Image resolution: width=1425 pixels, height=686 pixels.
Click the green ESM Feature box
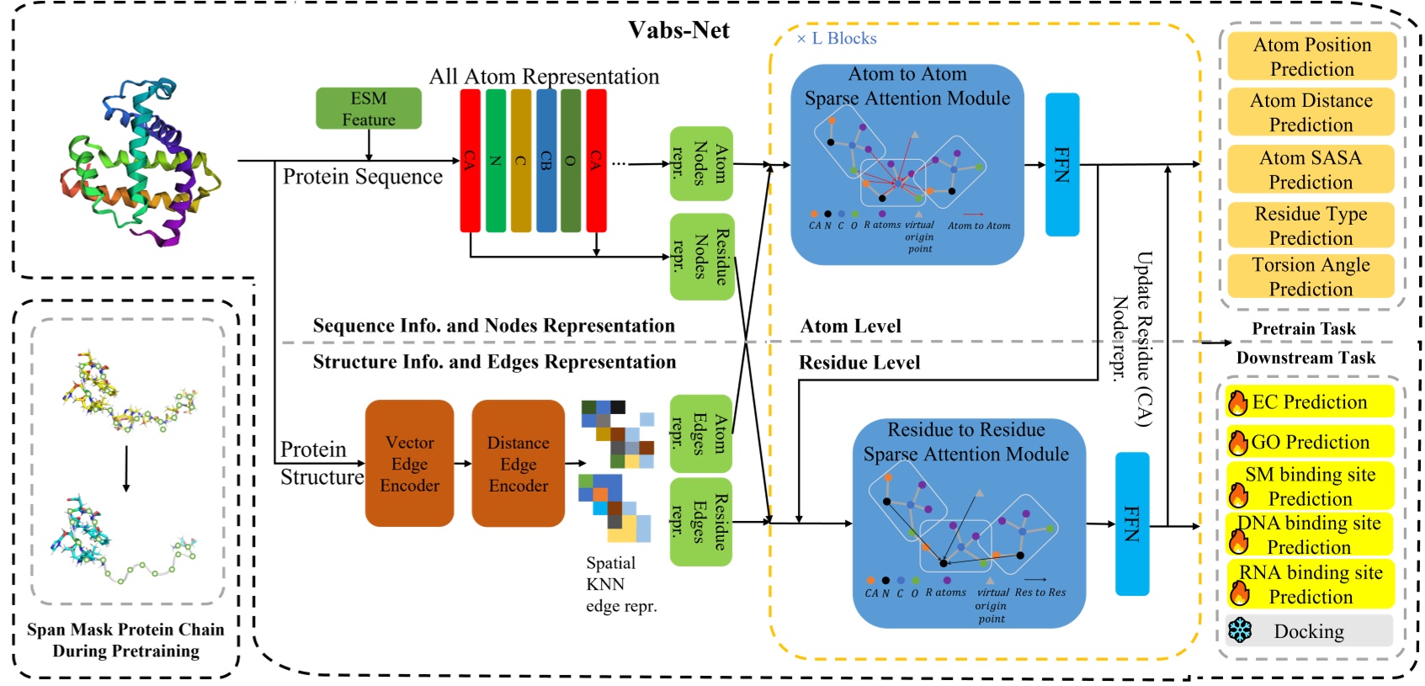(368, 109)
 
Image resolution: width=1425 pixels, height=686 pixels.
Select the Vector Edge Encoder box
(409, 464)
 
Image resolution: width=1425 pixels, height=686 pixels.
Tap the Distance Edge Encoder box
(518, 464)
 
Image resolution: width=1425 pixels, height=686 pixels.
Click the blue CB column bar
(545, 160)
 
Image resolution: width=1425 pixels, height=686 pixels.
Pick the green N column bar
(495, 160)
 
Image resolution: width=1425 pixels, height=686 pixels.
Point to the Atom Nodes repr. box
(700, 163)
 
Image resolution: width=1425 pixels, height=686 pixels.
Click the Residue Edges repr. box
(700, 522)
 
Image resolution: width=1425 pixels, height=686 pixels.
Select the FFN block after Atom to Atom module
(1061, 164)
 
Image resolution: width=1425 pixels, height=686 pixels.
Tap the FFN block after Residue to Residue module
(1131, 524)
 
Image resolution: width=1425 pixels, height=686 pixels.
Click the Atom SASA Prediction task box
(1311, 169)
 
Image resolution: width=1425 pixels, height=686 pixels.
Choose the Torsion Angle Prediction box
(1311, 276)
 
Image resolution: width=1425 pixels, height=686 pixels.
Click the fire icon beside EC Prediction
(1238, 403)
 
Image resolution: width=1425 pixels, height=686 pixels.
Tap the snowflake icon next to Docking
(1240, 630)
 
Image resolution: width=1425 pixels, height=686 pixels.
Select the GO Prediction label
(1311, 442)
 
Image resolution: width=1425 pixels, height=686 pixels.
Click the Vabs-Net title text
(678, 30)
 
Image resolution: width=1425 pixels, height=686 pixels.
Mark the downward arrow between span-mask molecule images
(126, 468)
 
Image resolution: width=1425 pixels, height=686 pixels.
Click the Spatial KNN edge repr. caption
(620, 584)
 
